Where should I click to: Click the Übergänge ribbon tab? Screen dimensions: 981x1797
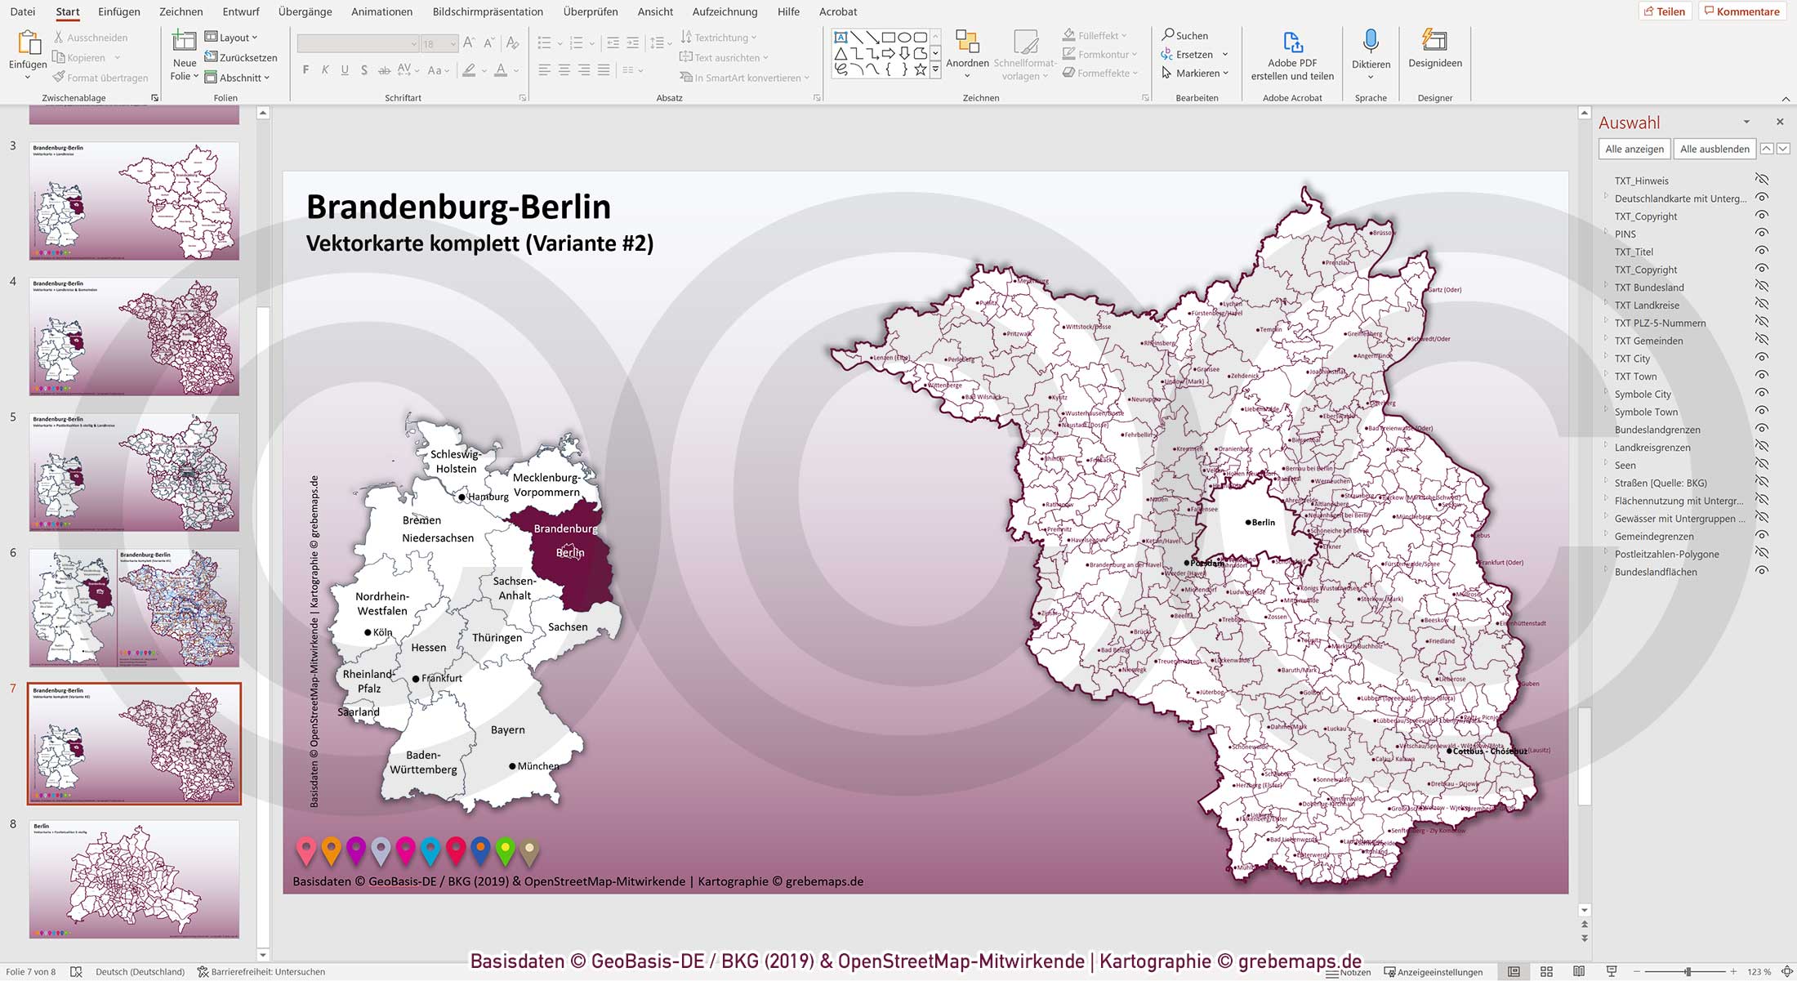305,11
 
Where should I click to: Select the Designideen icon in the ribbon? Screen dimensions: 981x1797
1434,42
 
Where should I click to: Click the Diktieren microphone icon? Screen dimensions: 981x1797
1371,42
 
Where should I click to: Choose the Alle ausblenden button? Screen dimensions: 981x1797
1714,149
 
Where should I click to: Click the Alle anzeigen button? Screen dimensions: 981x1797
1634,149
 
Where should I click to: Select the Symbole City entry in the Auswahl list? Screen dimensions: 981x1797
1643,394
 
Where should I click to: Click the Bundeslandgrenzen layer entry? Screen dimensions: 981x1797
1657,430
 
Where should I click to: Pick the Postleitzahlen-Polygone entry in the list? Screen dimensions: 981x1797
1666,554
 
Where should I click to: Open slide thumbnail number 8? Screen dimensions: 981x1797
134,879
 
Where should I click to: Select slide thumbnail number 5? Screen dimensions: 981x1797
134,472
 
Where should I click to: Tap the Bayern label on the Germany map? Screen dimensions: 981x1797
507,729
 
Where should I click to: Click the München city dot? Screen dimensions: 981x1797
512,766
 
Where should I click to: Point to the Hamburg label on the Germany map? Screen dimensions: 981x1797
488,497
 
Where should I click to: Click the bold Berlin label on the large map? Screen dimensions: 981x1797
1263,522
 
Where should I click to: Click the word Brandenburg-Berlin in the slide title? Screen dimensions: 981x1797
458,207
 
